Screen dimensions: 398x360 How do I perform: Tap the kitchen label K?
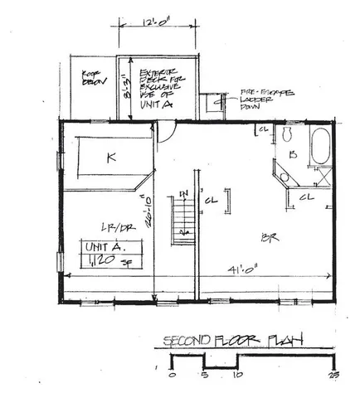click(x=109, y=156)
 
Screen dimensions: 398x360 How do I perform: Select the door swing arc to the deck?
click(x=167, y=130)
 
